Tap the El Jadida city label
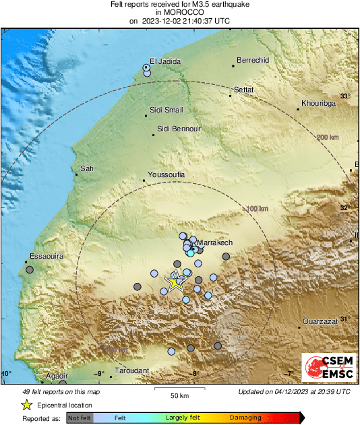point(165,61)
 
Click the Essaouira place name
point(46,257)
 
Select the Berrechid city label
point(253,60)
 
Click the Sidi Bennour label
point(179,128)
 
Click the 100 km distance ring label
point(258,209)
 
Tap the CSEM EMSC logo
point(328,368)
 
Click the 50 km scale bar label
point(179,395)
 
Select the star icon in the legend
point(26,405)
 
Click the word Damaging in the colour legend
point(245,418)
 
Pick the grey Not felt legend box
point(80,418)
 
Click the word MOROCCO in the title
point(179,12)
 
